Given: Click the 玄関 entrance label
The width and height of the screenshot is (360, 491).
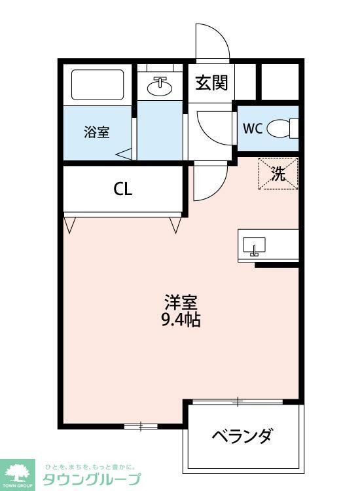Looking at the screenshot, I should click(x=211, y=83).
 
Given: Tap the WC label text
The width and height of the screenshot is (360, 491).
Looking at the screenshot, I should click(x=253, y=128).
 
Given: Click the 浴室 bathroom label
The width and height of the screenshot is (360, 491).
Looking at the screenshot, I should click(x=96, y=132).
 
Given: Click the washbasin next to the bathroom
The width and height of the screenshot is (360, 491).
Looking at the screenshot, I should click(x=160, y=85).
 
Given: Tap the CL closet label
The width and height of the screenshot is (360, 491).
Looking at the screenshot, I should click(x=123, y=189).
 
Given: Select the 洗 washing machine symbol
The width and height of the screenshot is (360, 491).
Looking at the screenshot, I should click(x=279, y=173).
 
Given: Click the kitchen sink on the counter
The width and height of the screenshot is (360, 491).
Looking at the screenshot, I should click(x=255, y=246).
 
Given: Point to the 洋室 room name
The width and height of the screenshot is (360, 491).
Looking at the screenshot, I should click(x=181, y=304).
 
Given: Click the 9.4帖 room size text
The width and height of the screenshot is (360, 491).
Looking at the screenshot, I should click(x=181, y=321).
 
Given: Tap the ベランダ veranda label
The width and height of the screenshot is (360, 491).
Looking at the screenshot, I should click(x=241, y=436).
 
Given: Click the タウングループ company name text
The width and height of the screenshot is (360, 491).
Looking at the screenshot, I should click(x=91, y=479).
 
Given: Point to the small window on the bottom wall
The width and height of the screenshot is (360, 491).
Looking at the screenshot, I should click(x=141, y=426).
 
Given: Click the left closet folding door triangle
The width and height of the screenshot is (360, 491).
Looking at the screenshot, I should click(x=70, y=225).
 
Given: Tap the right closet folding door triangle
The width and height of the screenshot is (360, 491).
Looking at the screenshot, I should click(x=175, y=225).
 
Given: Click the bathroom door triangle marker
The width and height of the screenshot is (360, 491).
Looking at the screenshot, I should click(x=124, y=155).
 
